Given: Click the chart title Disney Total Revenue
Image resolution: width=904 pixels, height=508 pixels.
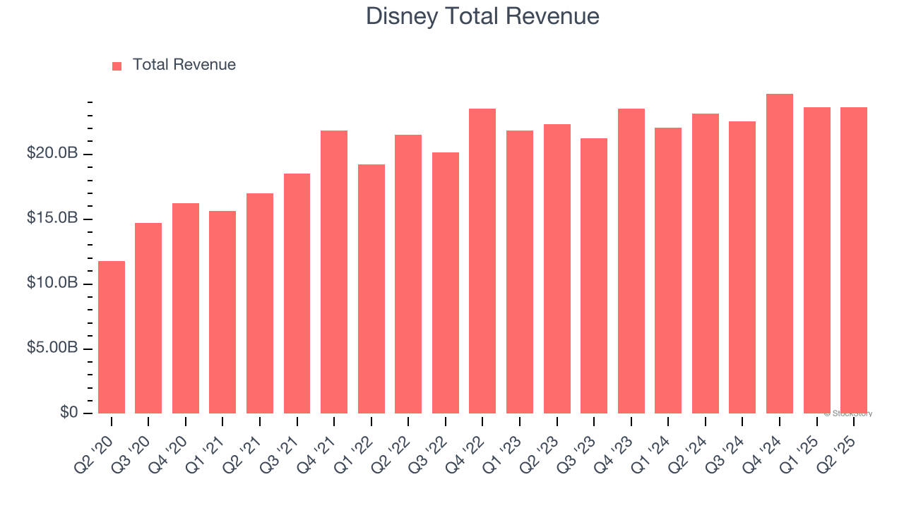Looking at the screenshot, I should tap(482, 16).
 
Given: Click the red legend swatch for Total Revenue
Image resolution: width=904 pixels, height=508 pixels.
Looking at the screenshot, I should tap(117, 66).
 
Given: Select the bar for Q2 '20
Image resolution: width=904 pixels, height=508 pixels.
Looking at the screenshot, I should tap(112, 337).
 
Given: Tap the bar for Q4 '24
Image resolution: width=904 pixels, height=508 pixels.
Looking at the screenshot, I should tap(780, 254).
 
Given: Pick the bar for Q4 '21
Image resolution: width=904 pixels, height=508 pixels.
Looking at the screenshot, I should tap(334, 272).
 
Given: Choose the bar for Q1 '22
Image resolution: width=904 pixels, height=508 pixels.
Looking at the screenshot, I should tap(371, 289).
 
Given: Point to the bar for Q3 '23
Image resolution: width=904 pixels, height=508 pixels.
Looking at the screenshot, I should tap(594, 276).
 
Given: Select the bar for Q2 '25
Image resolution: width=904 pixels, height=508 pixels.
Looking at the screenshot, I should tap(854, 260).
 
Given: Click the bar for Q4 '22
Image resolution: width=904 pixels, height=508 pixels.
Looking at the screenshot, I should tap(482, 261).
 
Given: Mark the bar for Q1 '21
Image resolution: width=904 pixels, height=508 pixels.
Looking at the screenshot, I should tap(222, 312).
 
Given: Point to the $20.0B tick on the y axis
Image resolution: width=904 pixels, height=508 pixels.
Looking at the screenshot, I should tap(53, 154).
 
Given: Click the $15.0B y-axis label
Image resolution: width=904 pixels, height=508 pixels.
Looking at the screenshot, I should tap(53, 219).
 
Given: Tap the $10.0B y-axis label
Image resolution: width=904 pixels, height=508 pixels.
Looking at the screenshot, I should tap(53, 284).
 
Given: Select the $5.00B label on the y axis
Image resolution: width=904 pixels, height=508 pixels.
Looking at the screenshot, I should tap(53, 349).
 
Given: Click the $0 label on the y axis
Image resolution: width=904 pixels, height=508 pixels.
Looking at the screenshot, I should tap(69, 413).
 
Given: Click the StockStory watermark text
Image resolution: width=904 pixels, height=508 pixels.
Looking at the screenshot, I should tap(848, 413).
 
